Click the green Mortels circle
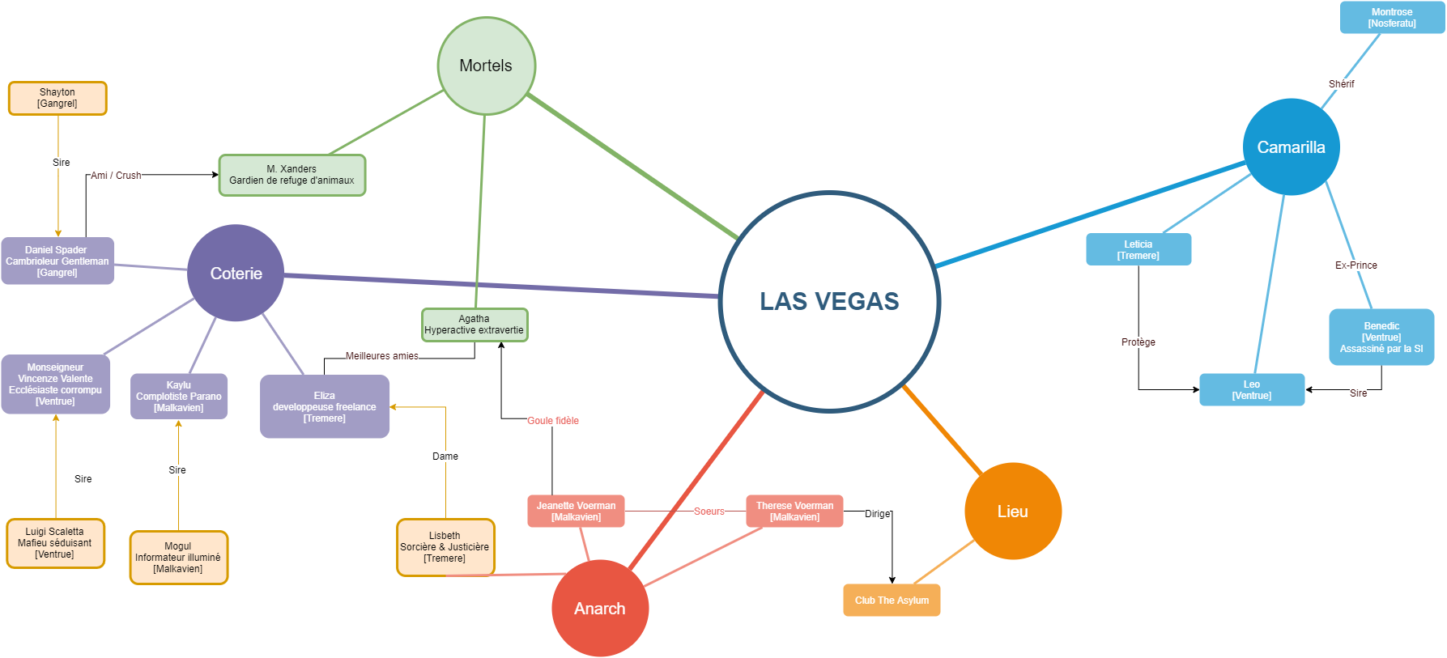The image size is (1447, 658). [486, 66]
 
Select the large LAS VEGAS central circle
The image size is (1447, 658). [829, 301]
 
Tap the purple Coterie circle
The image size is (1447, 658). [236, 274]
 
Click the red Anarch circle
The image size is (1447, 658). [600, 608]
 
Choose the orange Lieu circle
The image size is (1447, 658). [1012, 511]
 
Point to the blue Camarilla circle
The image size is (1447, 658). [1291, 147]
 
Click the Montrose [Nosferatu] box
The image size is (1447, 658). [1392, 18]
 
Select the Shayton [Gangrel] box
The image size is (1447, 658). [57, 98]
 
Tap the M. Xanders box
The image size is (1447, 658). [292, 175]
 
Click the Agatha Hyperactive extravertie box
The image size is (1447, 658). [475, 325]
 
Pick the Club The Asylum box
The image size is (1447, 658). [892, 600]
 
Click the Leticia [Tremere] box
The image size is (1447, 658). [1138, 249]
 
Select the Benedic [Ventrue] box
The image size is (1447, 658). [1381, 337]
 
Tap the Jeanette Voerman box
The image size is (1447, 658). [576, 511]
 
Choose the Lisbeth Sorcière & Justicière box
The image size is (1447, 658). [445, 547]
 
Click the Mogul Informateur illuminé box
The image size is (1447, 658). [178, 557]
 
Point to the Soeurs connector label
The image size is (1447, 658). [709, 512]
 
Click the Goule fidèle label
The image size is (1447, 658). [553, 421]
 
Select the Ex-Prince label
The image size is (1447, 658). [1356, 265]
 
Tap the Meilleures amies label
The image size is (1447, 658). [382, 356]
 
